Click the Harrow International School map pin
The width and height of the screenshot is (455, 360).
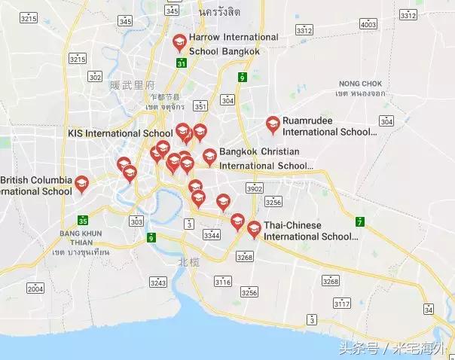point(179,43)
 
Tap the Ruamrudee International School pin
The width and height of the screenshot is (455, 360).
point(273,124)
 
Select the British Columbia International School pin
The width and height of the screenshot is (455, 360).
point(81,184)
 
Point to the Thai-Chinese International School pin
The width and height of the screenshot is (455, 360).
point(254,228)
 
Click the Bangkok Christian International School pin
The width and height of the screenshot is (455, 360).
point(209,157)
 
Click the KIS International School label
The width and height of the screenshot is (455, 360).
point(121,133)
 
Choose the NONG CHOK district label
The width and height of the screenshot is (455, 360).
point(360,84)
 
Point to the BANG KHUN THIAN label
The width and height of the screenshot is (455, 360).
point(81,238)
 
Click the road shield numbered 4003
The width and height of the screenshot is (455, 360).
point(368,24)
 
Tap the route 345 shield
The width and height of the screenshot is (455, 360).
point(173,10)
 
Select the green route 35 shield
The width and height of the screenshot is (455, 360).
point(83,221)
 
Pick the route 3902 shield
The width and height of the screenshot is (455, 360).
point(255,188)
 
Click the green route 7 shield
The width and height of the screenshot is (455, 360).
point(361,221)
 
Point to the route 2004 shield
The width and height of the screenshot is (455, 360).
point(35,288)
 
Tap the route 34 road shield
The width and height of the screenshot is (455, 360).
point(429,309)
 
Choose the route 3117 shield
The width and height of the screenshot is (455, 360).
point(342,304)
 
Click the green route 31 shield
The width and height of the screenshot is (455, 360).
point(182,63)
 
